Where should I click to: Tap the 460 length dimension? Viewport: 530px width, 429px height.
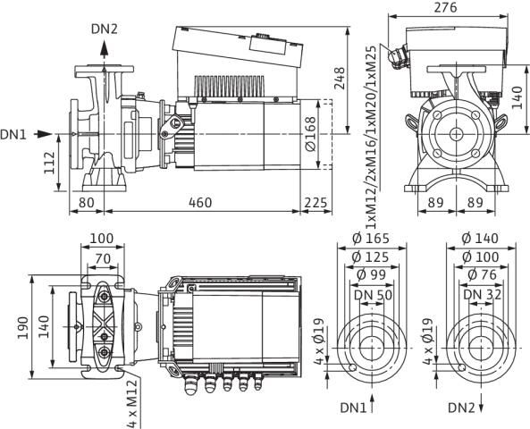point(201,203)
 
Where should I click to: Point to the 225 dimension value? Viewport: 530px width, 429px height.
point(317,203)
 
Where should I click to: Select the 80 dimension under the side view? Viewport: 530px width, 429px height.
point(87,203)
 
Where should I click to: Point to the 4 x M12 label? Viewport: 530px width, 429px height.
point(129,399)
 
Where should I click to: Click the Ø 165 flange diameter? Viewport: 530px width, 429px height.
point(368,240)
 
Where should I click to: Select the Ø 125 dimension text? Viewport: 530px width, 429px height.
point(368,256)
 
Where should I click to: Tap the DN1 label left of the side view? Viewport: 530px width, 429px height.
point(14,135)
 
